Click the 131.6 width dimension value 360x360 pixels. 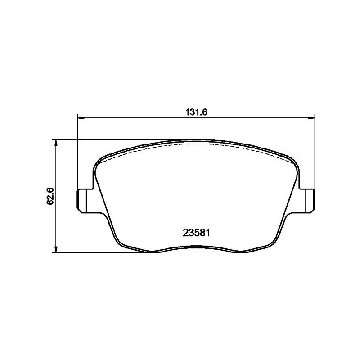pos(196,112)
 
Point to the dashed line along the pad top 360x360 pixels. pos(193,145)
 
